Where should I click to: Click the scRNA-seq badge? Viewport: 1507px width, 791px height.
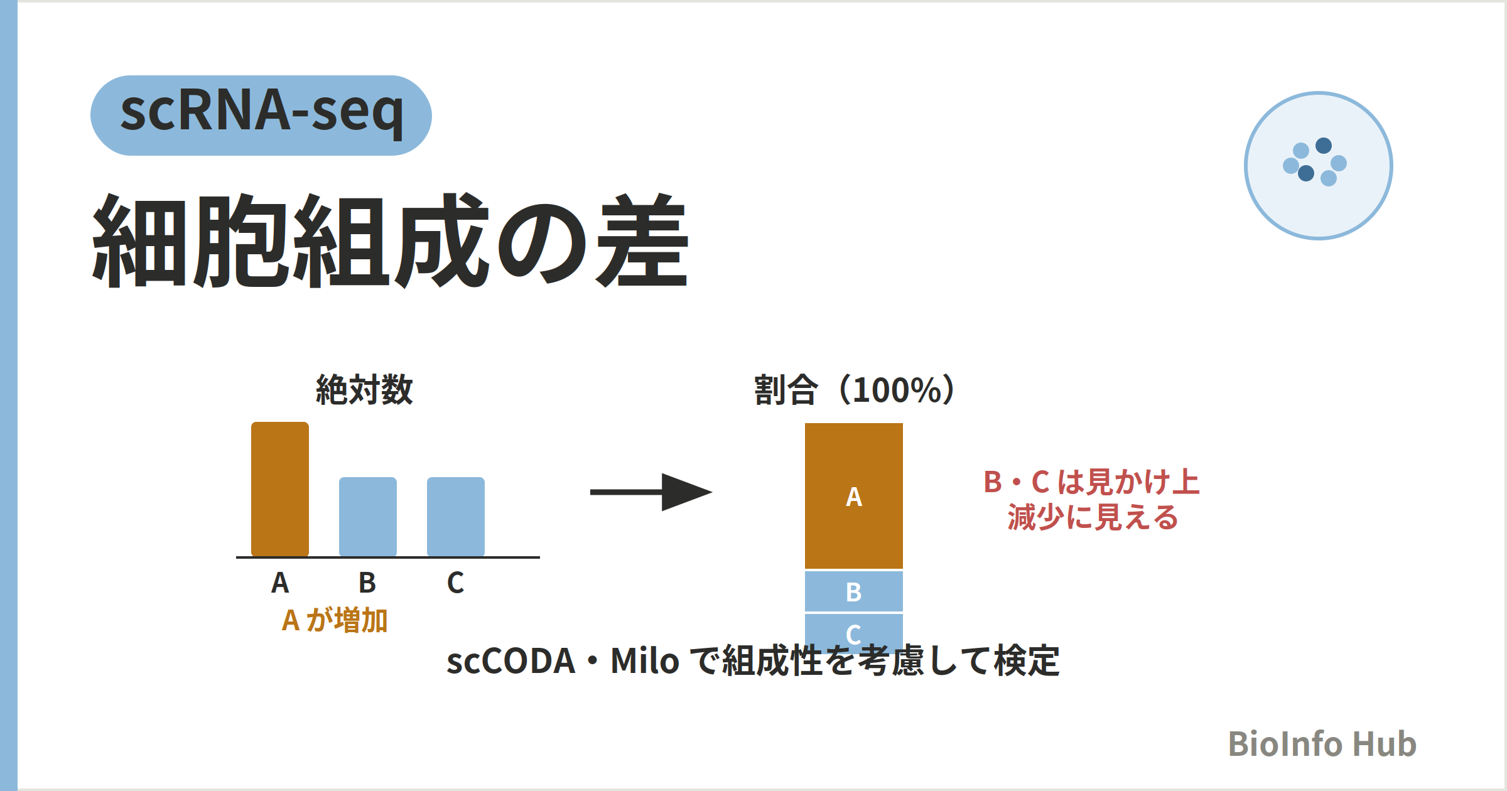[x=261, y=116]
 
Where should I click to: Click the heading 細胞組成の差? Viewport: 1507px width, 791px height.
[x=391, y=240]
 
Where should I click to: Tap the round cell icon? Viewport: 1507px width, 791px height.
[x=1319, y=166]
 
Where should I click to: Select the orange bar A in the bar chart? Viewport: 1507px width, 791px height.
[x=280, y=489]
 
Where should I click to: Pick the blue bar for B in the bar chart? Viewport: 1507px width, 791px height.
[x=368, y=517]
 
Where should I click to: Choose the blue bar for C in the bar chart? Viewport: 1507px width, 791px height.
[x=456, y=517]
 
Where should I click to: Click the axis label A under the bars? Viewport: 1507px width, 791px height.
[x=280, y=583]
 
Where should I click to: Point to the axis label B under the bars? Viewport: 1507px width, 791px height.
[x=367, y=583]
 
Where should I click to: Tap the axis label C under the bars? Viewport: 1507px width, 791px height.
[x=455, y=583]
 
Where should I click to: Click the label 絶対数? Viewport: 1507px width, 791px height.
[x=364, y=390]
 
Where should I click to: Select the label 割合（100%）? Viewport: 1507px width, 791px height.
[x=855, y=390]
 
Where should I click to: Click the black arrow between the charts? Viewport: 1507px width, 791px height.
[x=651, y=492]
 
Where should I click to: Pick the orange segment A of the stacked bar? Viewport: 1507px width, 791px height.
[x=854, y=496]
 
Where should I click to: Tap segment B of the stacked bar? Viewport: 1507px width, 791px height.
[x=854, y=591]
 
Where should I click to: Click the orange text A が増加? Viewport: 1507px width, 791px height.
[x=335, y=620]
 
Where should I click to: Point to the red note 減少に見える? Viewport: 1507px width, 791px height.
[x=1093, y=517]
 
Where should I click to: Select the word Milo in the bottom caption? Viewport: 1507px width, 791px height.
[x=645, y=661]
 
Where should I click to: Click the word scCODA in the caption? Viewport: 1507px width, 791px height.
[x=511, y=661]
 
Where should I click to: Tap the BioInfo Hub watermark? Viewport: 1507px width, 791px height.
[x=1322, y=744]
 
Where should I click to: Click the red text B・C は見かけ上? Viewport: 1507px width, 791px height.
[x=1092, y=482]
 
